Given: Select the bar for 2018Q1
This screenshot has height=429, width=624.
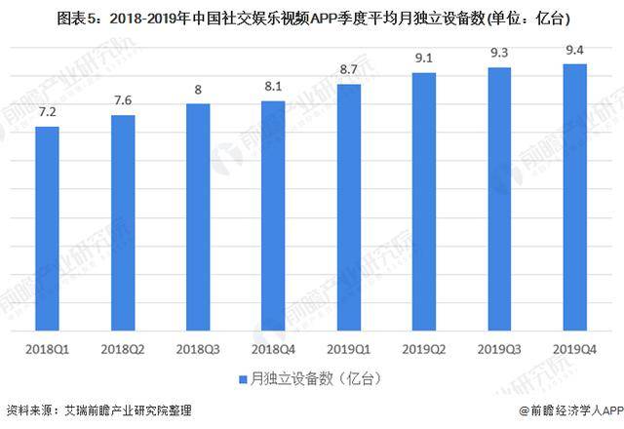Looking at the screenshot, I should (47, 230).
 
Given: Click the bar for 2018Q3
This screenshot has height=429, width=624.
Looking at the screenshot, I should (198, 218).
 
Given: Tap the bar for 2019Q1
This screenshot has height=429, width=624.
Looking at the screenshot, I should (349, 209).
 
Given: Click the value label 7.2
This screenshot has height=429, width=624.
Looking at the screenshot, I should (47, 114).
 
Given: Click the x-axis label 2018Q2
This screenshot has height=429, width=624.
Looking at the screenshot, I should (123, 348).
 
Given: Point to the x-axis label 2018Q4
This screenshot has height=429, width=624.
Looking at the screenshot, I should (273, 348).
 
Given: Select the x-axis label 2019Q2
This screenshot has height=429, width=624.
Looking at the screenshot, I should (424, 348).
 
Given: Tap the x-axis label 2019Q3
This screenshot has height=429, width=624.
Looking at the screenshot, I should (499, 348).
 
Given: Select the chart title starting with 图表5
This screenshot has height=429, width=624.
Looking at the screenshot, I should (312, 17).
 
